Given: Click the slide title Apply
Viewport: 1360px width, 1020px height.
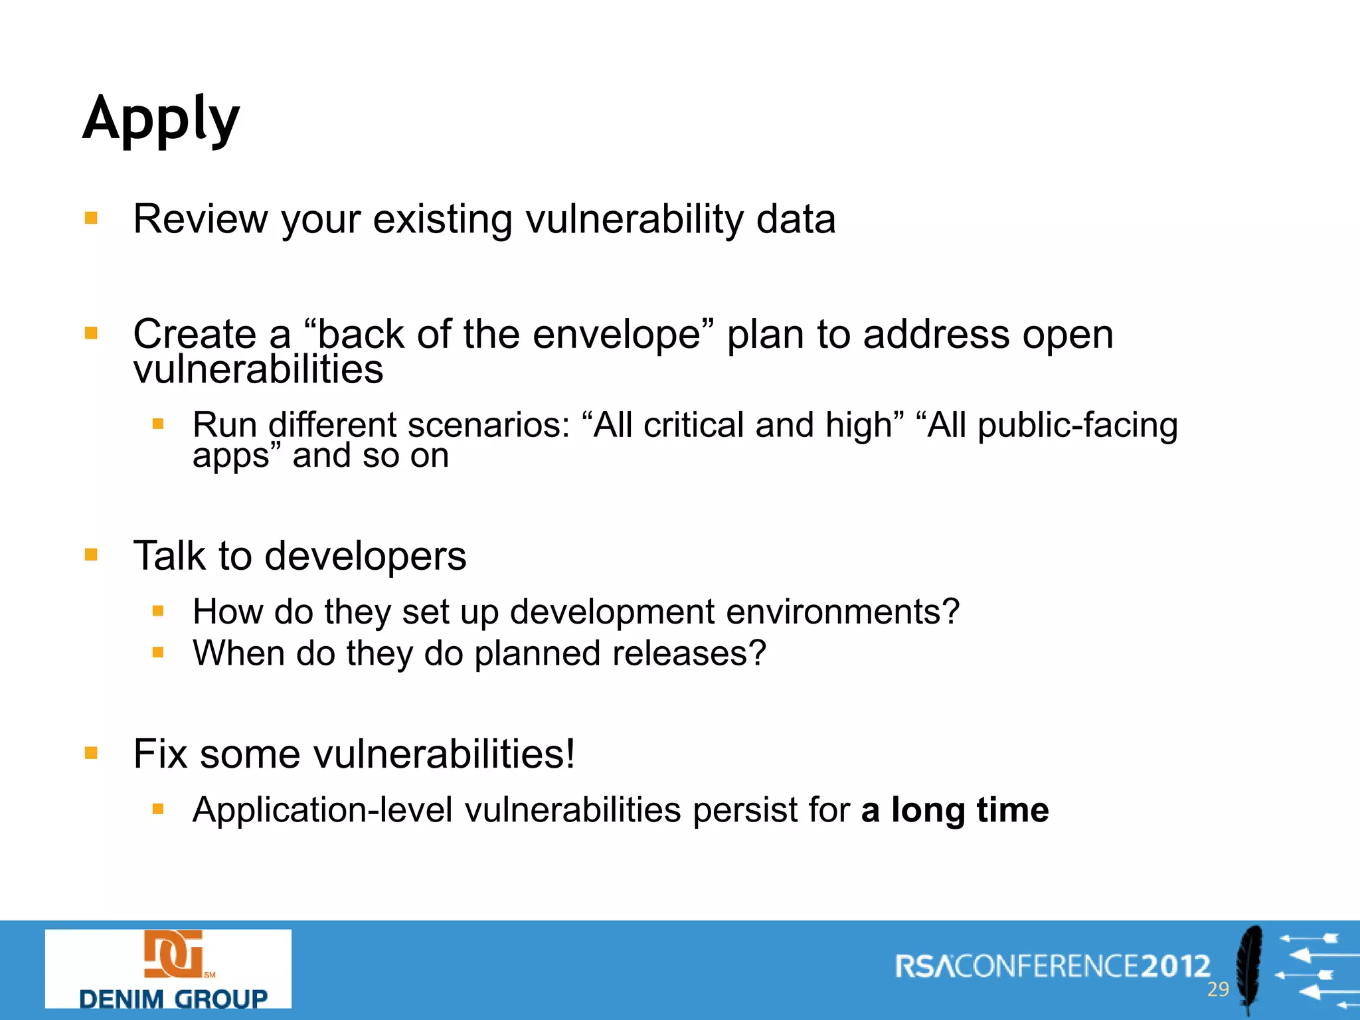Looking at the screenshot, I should (161, 120).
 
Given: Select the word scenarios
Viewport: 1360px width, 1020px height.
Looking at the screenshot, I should (488, 425).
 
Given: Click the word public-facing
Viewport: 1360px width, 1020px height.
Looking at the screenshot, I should (1078, 425).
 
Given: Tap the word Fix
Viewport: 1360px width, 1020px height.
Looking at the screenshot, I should (160, 754).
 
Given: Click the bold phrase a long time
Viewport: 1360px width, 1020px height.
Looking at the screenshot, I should (954, 810).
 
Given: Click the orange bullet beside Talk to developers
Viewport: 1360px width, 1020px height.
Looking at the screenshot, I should (91, 554).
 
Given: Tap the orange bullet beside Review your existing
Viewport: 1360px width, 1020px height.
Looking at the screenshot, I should (91, 218).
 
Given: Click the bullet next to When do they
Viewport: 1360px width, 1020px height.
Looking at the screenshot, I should (157, 652).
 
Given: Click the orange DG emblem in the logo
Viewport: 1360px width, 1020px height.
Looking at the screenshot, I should (173, 954).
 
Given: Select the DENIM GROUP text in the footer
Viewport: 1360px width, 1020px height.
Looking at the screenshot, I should (173, 998).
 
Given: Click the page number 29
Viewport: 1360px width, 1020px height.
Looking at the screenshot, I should (1218, 989).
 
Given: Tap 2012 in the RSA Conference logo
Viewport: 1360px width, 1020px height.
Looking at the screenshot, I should (1175, 966).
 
